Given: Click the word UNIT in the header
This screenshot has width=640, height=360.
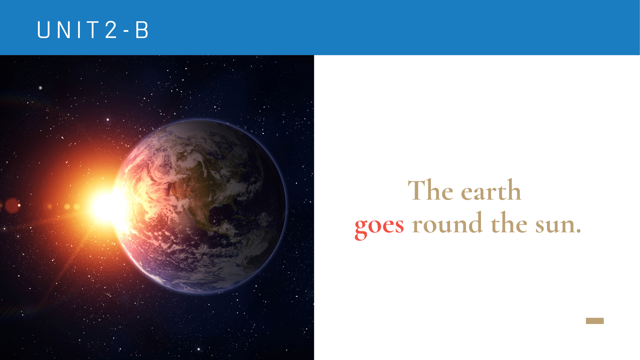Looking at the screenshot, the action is coord(67,30).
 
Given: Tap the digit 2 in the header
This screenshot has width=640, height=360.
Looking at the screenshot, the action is coord(111,30).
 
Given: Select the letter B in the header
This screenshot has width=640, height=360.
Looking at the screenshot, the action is coord(142,30).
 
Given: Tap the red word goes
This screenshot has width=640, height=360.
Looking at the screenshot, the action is coord(379,226).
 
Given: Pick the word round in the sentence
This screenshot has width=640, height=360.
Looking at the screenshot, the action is coord(447,222).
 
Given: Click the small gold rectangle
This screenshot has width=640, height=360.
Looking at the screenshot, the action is coord(595,321).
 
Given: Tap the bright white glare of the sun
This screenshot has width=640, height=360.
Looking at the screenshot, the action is coord(107,207).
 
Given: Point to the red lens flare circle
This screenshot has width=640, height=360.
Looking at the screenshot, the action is coord(12,206).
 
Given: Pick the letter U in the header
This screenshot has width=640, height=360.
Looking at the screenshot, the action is coord(43,30).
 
